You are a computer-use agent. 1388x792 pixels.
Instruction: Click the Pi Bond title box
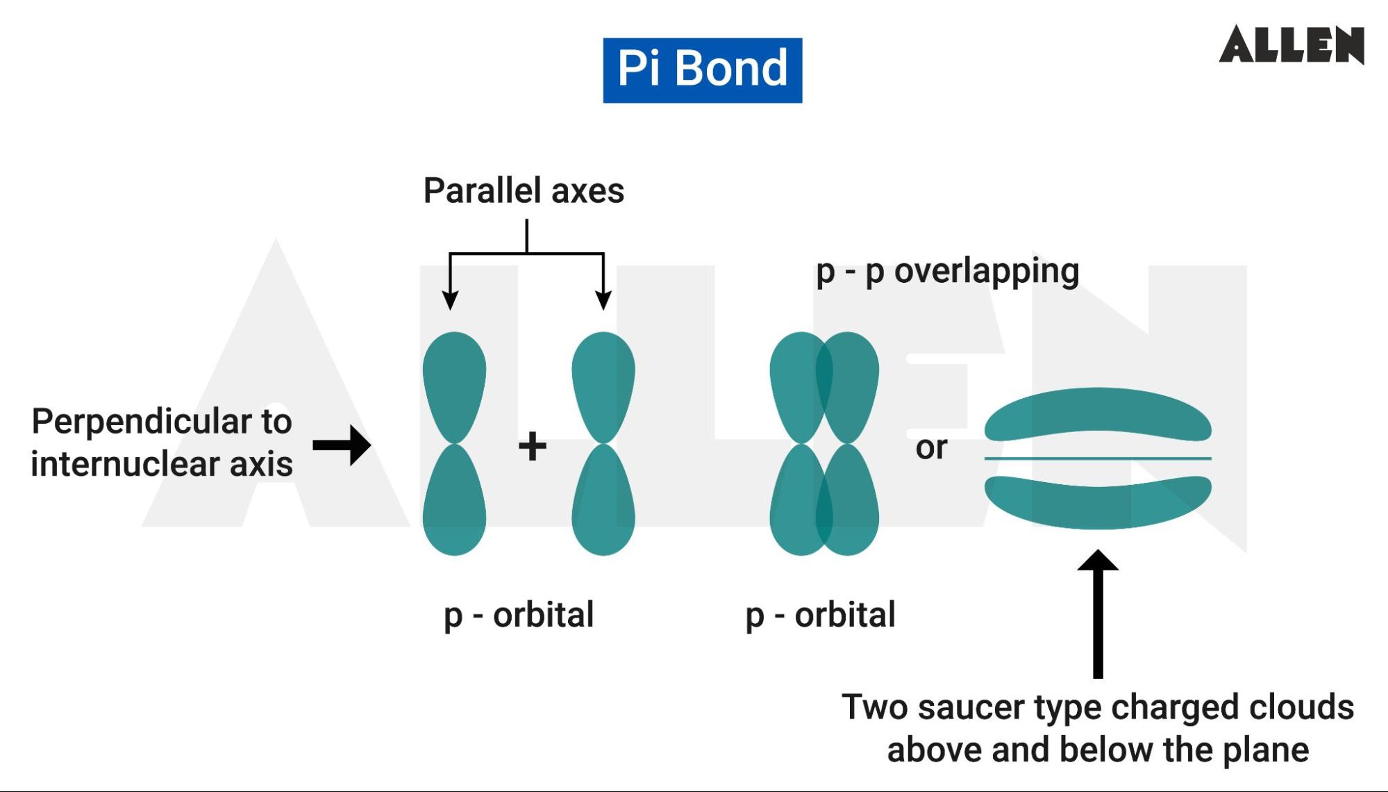pos(702,70)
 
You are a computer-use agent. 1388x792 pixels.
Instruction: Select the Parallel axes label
pos(524,190)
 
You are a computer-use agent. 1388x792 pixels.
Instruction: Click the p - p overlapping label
pos(947,271)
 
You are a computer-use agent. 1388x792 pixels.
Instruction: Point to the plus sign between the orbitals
pos(533,446)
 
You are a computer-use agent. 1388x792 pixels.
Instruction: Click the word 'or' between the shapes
pos(931,447)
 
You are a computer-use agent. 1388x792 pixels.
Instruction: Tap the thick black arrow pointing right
pos(342,445)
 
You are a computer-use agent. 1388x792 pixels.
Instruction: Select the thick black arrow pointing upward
pos(1098,611)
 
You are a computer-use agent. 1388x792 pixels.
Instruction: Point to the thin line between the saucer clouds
pos(1098,459)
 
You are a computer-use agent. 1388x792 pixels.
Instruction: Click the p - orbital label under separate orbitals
pos(519,615)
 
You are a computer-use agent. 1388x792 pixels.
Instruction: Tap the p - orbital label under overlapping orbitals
pos(820,615)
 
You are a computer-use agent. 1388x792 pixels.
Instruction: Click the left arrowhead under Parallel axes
pos(450,300)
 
